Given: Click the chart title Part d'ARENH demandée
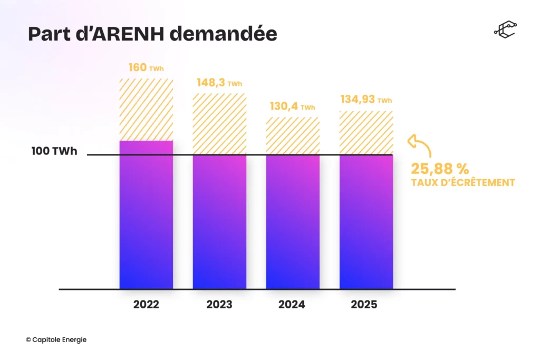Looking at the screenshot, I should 152,33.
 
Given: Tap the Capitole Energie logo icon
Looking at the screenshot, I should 505,30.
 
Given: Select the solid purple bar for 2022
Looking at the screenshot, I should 146,216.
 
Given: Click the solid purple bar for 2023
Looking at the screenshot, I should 219,221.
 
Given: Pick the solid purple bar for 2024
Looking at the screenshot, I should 293,221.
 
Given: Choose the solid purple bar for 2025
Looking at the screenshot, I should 366,221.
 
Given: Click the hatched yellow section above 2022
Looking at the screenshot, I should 146,110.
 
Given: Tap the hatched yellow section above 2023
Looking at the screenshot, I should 219,124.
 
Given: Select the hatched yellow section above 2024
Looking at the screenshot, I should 293,135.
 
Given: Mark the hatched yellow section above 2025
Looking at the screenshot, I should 366,132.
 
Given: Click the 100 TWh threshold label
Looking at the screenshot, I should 54,152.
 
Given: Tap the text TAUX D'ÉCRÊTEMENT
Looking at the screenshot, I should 462,183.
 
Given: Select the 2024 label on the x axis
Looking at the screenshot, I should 292,305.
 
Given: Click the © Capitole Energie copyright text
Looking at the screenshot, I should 56,340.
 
